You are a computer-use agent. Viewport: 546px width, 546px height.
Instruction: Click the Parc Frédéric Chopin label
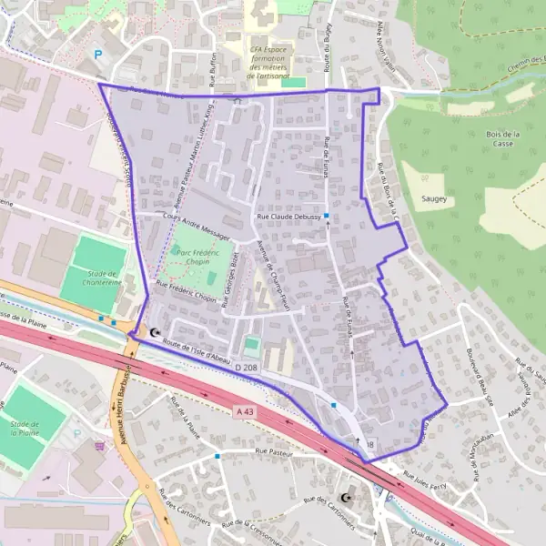point(195,258)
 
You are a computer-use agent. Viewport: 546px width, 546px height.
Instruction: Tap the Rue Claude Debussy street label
point(289,217)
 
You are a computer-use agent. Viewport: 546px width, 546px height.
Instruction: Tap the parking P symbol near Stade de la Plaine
point(77,433)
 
